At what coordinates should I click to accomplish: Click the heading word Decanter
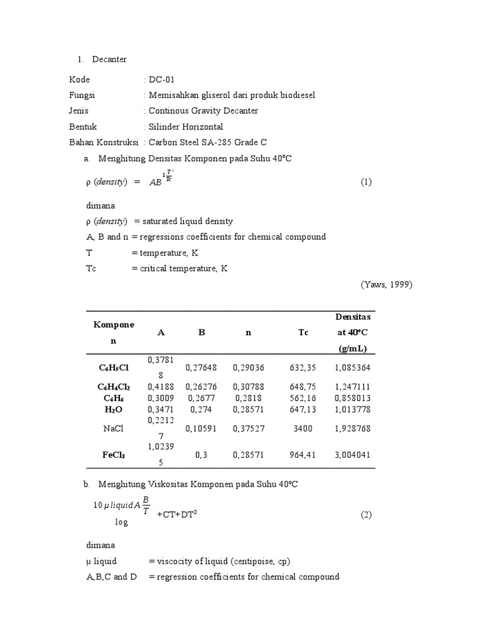109,60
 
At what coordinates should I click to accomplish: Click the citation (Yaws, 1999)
387,284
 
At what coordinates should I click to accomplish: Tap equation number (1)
367,182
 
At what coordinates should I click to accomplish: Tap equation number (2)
367,515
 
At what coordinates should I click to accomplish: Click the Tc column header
304,333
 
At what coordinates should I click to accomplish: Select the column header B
201,333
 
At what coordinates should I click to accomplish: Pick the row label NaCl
114,428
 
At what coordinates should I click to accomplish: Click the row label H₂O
114,409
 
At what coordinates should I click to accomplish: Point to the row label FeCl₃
114,455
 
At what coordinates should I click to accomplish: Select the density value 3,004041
352,455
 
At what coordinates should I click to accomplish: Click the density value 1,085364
352,368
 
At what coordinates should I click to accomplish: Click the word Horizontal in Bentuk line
200,127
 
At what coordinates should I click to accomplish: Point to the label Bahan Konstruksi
102,143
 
